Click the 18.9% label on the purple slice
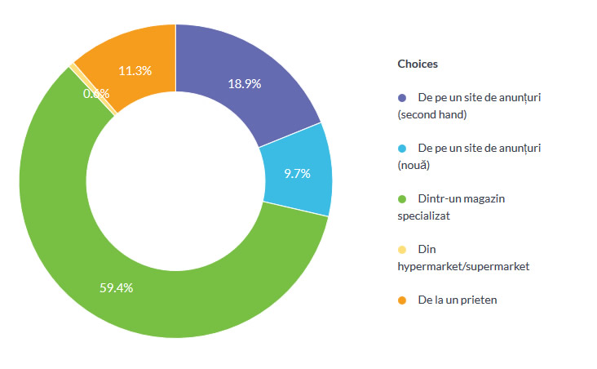point(245,84)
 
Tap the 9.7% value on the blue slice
point(296,173)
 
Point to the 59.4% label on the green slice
point(116,287)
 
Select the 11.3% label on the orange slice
point(135,70)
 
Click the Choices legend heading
point(418,64)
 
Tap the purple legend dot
point(402,98)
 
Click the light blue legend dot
point(402,149)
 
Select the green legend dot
point(402,199)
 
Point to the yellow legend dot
point(402,250)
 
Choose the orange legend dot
point(402,300)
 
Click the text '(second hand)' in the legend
point(431,114)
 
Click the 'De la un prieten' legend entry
point(457,300)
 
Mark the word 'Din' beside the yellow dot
point(427,250)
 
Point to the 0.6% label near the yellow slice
point(96,93)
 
